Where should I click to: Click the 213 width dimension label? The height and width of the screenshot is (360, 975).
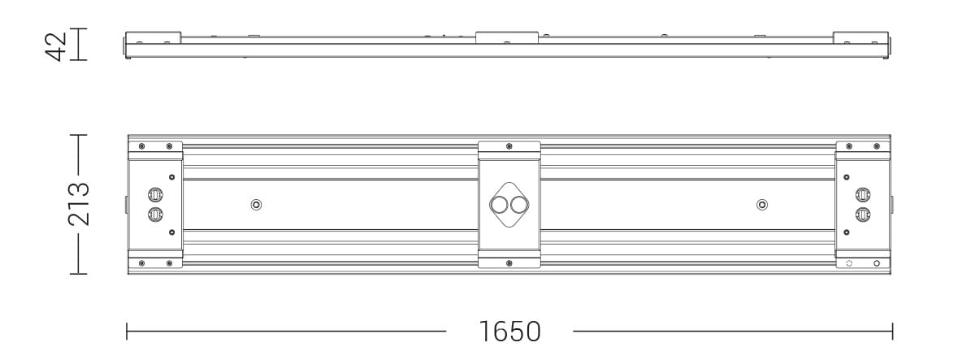click(x=78, y=204)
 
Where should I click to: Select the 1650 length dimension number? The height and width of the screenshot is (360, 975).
click(x=509, y=332)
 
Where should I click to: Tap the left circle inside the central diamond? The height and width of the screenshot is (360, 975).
click(x=498, y=204)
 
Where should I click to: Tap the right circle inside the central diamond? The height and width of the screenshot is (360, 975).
click(x=519, y=204)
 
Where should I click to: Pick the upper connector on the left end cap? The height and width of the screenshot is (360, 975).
click(x=155, y=195)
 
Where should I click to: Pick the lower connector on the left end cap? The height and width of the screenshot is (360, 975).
click(x=155, y=214)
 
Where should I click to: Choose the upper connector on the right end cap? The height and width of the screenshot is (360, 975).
click(x=863, y=195)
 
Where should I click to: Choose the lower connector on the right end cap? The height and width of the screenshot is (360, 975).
click(x=863, y=214)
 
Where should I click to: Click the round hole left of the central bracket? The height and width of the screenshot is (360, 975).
click(x=256, y=204)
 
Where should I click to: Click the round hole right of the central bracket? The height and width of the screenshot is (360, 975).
click(x=761, y=204)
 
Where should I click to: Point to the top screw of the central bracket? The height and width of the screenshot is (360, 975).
click(x=509, y=146)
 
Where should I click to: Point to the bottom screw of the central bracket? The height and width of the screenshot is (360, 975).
click(x=509, y=262)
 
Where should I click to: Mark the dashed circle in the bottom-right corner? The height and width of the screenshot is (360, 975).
click(x=849, y=263)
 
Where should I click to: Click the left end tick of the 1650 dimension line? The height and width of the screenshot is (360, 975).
click(x=128, y=332)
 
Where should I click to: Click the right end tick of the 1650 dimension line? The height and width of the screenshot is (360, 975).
click(x=892, y=332)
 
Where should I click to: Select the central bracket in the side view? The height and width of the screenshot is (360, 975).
click(x=507, y=37)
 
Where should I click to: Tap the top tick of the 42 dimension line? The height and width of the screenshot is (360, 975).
click(x=78, y=29)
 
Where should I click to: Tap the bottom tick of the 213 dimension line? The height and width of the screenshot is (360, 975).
click(x=78, y=274)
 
